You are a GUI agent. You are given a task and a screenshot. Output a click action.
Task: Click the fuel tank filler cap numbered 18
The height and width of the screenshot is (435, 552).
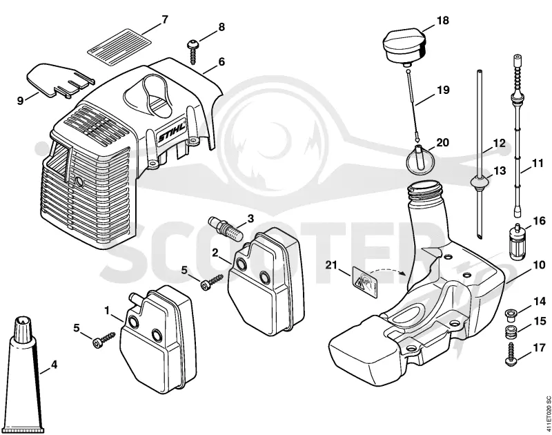pyautogui.click(x=405, y=48)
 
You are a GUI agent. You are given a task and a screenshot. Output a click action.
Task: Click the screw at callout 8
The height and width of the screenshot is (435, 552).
pyautogui.click(x=193, y=52)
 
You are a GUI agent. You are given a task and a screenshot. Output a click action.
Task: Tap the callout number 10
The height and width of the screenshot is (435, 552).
pyautogui.click(x=539, y=265)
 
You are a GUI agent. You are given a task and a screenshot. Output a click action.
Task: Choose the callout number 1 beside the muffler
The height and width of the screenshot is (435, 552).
pyautogui.click(x=108, y=311)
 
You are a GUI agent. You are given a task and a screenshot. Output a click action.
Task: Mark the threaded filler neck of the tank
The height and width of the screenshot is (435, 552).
pyautogui.click(x=424, y=195)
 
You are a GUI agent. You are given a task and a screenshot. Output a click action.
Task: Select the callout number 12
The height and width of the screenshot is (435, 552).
pyautogui.click(x=500, y=144)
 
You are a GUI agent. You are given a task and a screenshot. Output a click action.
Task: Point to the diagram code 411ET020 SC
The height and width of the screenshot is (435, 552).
pyautogui.click(x=547, y=414)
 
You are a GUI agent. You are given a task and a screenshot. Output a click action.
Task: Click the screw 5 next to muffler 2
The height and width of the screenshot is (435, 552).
pyautogui.click(x=213, y=282)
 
